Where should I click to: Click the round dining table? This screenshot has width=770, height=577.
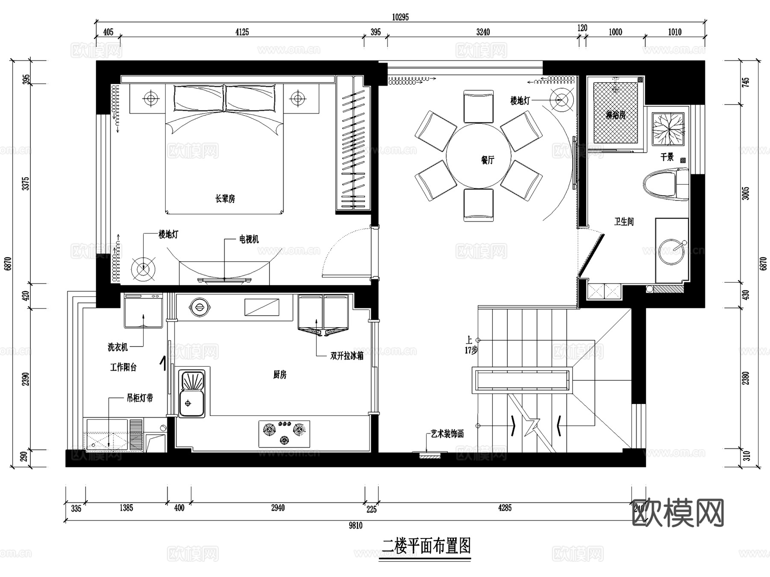[x=478, y=156]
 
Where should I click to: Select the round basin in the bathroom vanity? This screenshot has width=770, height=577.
[x=672, y=251]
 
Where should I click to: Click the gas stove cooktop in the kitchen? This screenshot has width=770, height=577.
[x=284, y=433]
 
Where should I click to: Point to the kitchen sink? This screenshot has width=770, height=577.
[x=191, y=392]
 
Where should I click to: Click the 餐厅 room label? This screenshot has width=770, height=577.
[x=487, y=160]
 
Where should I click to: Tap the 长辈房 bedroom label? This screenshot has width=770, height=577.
[x=225, y=199]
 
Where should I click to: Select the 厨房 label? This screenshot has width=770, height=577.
[x=279, y=375]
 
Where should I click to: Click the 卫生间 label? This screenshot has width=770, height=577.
[x=624, y=221]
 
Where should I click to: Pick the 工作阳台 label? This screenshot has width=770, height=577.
[x=123, y=367]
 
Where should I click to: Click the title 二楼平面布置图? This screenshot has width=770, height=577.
[x=426, y=546]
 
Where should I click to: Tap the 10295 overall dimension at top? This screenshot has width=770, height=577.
[x=400, y=17]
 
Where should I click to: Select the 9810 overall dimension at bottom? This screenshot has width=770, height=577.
[x=355, y=526]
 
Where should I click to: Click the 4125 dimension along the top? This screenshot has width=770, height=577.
[x=242, y=32]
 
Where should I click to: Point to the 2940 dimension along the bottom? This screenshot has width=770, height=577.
[x=278, y=508]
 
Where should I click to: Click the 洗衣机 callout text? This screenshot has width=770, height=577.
[x=118, y=347]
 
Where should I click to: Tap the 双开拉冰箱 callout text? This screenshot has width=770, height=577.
[x=346, y=356]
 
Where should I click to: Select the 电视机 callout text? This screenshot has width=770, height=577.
[x=249, y=239]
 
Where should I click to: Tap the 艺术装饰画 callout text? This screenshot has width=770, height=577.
[x=447, y=434]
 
